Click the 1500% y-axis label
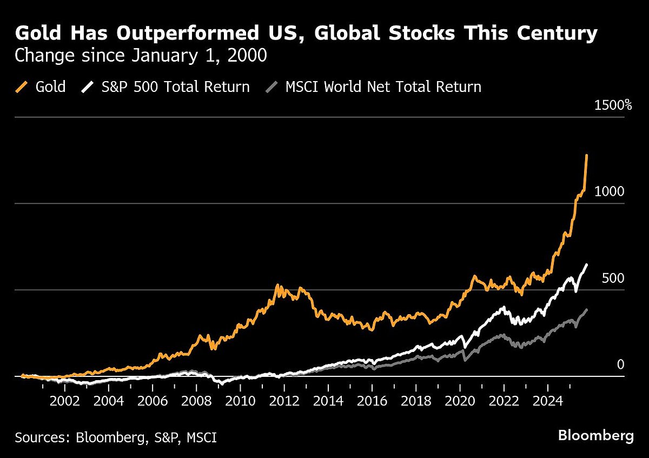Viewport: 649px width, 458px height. [613, 105]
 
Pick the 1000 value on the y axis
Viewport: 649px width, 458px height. [610, 192]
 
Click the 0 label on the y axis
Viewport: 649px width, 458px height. [620, 365]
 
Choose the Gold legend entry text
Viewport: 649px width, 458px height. [51, 87]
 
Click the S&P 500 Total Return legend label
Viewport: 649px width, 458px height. [175, 87]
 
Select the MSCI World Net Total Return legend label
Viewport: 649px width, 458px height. [383, 87]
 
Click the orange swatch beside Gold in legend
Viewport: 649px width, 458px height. [23, 87]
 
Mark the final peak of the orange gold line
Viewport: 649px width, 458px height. [587, 156]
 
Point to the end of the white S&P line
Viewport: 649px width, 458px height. [587, 264]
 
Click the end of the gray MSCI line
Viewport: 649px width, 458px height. [587, 310]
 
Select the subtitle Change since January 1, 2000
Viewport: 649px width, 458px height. [141, 56]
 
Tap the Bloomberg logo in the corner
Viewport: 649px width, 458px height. [595, 435]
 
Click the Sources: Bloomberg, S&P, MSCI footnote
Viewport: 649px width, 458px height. [116, 437]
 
